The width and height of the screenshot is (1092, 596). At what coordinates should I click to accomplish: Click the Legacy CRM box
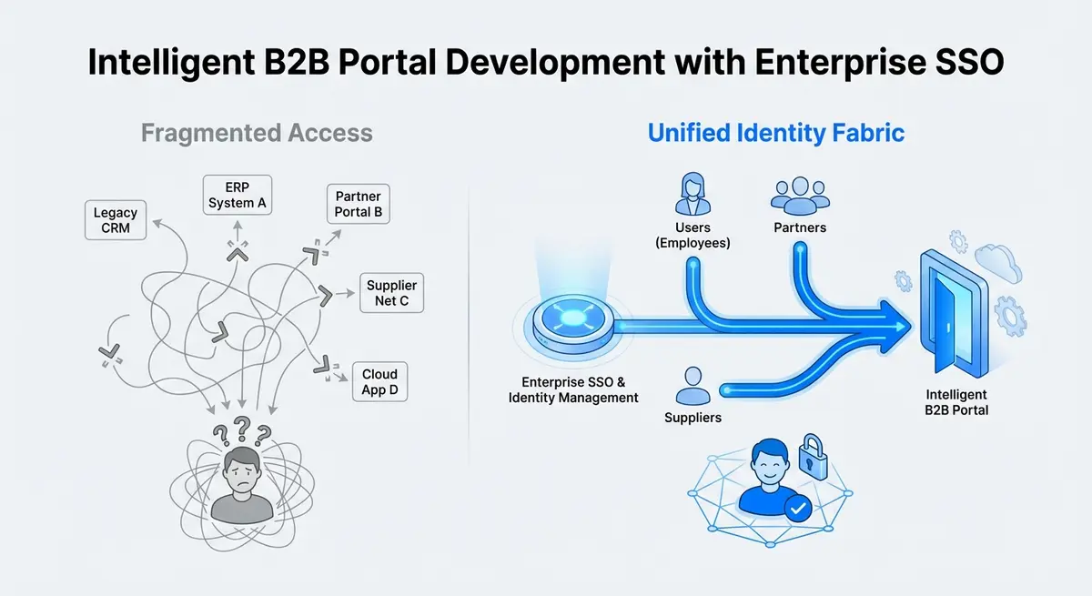(116, 220)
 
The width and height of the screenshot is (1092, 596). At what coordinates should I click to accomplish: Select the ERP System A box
(237, 195)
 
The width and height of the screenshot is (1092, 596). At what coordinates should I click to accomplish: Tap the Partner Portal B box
(359, 204)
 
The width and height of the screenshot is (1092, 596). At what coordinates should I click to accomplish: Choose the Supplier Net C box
(390, 293)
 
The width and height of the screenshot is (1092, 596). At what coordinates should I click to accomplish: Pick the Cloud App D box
(379, 382)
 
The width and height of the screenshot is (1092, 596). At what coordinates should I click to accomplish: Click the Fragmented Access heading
(257, 133)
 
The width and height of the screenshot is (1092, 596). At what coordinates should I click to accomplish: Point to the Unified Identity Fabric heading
(775, 133)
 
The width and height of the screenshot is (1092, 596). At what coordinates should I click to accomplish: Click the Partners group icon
(800, 196)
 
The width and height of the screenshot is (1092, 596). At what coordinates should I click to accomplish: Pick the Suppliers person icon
(693, 387)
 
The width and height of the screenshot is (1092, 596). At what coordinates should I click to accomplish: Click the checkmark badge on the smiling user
(797, 509)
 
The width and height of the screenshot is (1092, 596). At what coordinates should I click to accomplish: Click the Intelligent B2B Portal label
(955, 403)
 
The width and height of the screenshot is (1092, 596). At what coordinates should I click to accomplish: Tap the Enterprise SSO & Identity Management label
(573, 389)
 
